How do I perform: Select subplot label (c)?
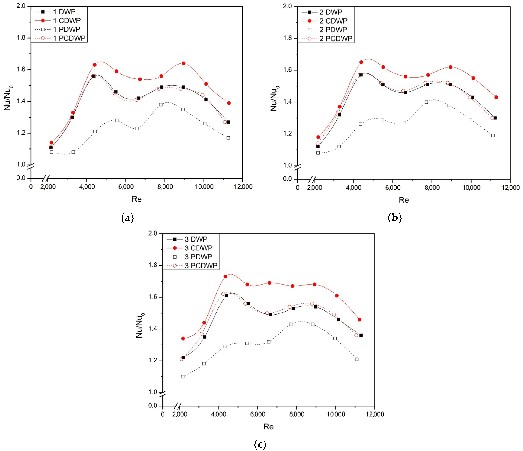click(x=260, y=443)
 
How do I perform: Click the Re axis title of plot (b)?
click(x=404, y=200)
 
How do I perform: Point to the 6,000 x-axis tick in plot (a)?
click(x=126, y=187)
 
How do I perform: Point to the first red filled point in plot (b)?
click(x=318, y=137)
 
